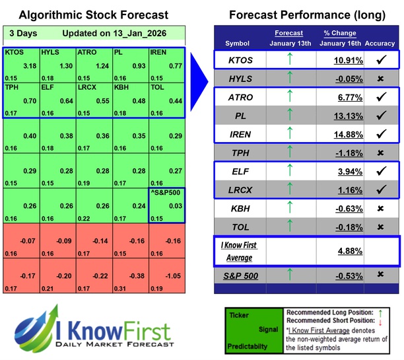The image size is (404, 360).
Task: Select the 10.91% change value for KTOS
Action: pyautogui.click(x=341, y=60)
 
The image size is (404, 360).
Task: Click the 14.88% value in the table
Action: pyautogui.click(x=341, y=135)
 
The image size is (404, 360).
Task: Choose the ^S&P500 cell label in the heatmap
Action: pyautogui.click(x=166, y=194)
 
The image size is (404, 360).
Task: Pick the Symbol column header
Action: pyautogui.click(x=238, y=43)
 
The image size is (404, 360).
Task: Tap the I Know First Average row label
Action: pyautogui.click(x=238, y=250)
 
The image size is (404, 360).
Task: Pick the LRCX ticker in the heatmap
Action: pyautogui.click(x=88, y=87)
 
